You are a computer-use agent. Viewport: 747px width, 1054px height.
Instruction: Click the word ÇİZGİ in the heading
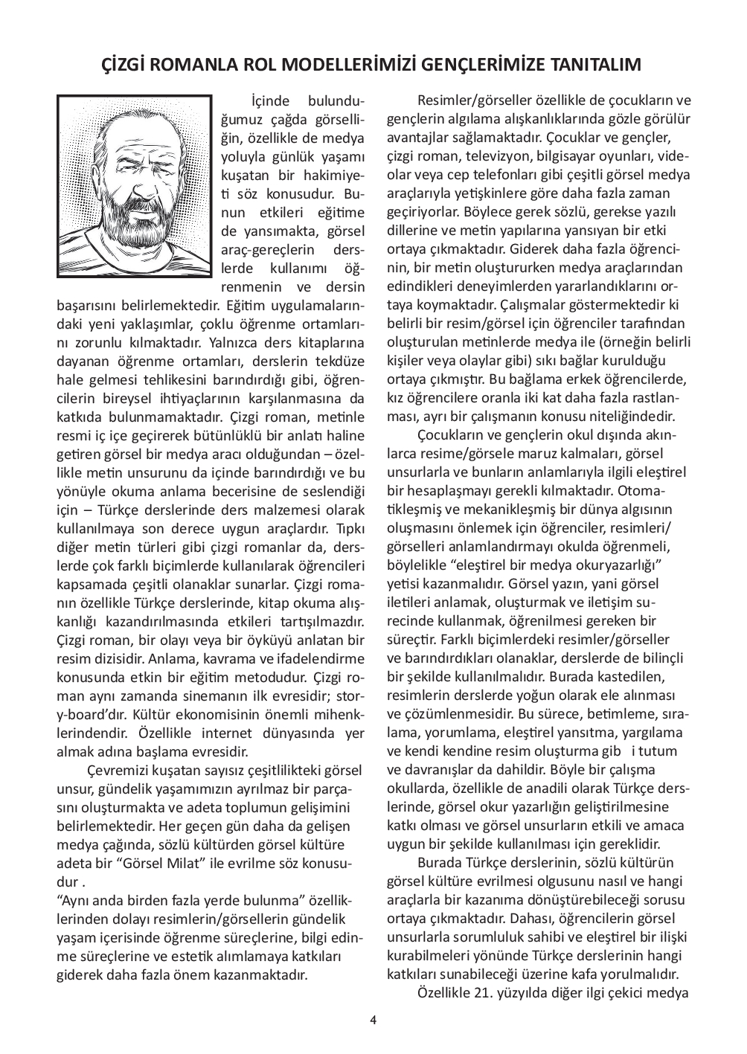(123, 65)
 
